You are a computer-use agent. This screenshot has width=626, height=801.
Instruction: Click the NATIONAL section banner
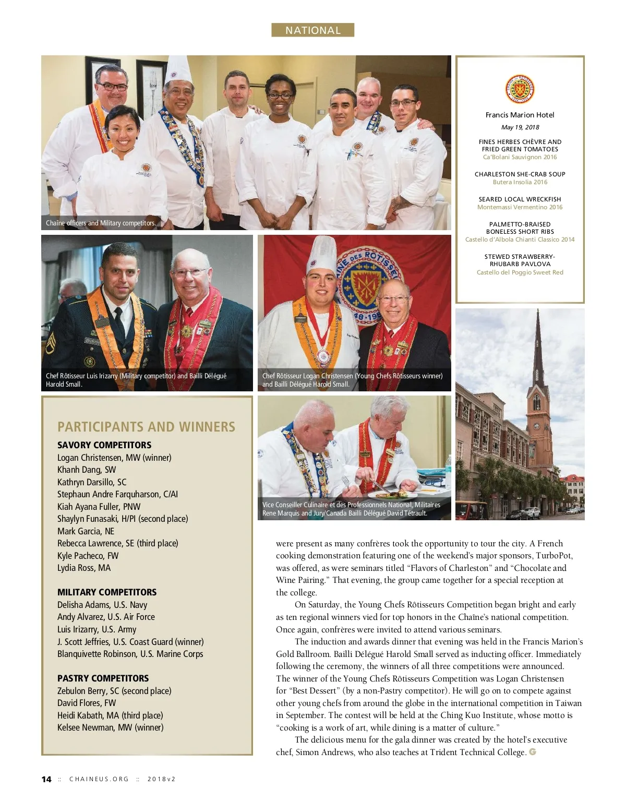[x=312, y=30]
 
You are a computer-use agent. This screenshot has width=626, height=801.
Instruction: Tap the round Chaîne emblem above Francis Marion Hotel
[x=520, y=89]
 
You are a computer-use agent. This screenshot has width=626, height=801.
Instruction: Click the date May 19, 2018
[x=520, y=127]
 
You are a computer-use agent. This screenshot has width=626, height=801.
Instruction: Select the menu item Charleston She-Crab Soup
[x=520, y=174]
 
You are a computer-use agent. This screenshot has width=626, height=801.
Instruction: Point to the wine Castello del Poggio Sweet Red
[x=520, y=272]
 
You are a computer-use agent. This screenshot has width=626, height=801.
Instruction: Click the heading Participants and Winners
[x=147, y=427]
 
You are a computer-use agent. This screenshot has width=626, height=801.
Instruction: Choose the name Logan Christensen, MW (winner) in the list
[x=114, y=458]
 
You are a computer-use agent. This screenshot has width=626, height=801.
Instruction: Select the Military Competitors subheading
[x=107, y=592]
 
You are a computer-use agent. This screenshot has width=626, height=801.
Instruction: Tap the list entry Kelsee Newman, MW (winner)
[x=111, y=727]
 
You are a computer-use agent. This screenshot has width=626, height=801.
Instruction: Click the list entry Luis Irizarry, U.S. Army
[x=97, y=629]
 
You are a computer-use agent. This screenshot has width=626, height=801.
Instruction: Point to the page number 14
[x=46, y=779]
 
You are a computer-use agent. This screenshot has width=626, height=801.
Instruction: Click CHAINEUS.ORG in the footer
[x=99, y=779]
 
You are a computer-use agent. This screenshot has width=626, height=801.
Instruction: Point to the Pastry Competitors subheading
[x=103, y=678]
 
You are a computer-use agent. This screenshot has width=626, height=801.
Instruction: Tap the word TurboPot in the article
[x=552, y=556]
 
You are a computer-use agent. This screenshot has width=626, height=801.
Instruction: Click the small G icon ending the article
[x=533, y=752]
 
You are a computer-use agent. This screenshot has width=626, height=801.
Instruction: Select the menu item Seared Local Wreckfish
[x=520, y=199]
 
